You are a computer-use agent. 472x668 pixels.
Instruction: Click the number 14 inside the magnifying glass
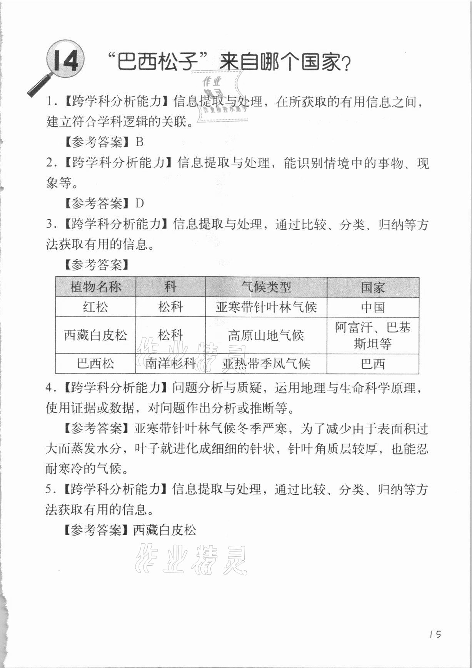point(66,61)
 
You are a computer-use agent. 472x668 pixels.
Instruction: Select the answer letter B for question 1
point(140,142)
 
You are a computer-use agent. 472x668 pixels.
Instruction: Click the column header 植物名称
point(95,287)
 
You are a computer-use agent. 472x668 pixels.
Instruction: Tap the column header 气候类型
point(266,287)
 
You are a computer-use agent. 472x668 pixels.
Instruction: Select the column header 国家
point(372,287)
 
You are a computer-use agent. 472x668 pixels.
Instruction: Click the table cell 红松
point(95,307)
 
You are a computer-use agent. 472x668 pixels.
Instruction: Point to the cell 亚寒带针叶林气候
point(266,307)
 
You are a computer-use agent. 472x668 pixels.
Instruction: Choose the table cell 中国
point(372,307)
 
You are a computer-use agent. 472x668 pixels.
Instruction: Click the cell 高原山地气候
point(266,336)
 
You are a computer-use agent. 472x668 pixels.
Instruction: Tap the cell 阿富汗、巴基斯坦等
point(372,336)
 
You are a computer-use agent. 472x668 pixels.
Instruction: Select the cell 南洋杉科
point(170,364)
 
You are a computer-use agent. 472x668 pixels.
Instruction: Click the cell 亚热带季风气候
point(266,364)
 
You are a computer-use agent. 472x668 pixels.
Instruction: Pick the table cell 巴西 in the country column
point(372,364)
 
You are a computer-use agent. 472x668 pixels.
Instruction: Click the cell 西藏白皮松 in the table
point(95,336)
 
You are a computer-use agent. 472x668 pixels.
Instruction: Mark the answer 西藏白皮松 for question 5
point(165,531)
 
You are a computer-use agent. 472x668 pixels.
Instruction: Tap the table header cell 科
point(170,287)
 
